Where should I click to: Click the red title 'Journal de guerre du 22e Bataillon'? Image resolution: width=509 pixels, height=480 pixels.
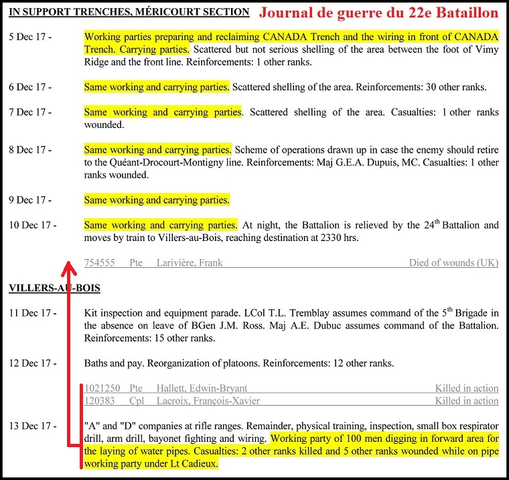pyautogui.click(x=379, y=13)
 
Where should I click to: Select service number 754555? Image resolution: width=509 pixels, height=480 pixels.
pyautogui.click(x=100, y=263)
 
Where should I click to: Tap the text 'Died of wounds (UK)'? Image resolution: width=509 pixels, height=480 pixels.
pyautogui.click(x=453, y=263)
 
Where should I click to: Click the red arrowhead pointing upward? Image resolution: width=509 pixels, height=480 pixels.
pyautogui.click(x=67, y=268)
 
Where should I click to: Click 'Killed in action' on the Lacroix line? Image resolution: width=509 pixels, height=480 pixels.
pyautogui.click(x=466, y=401)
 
